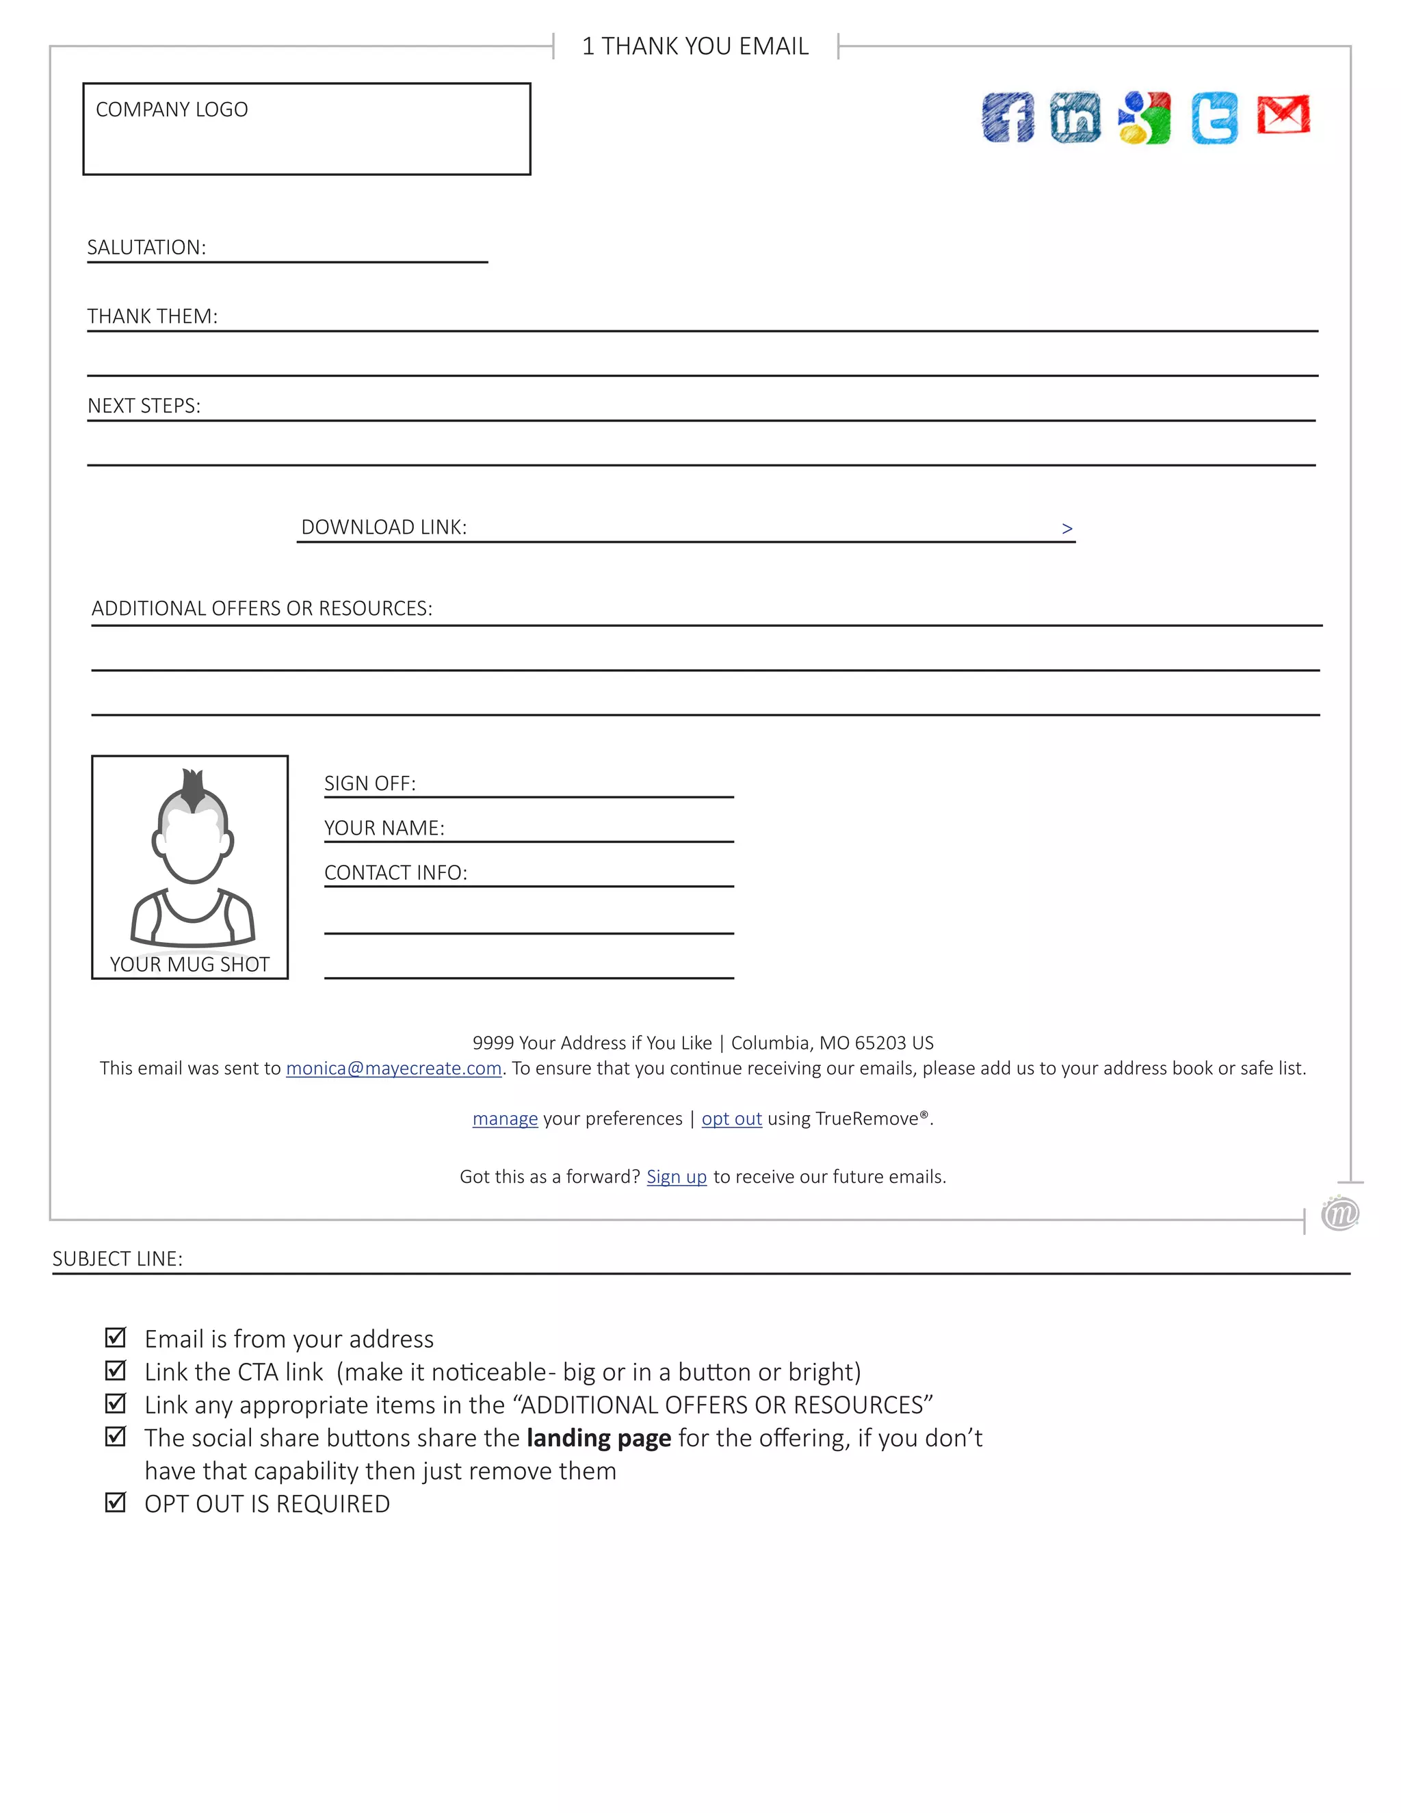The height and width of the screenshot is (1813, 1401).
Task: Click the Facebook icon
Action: [1008, 117]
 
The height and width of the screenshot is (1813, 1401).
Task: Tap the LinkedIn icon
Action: [1075, 117]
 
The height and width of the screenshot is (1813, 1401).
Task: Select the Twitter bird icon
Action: [1214, 118]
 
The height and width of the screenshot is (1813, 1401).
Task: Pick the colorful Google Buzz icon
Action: [1144, 118]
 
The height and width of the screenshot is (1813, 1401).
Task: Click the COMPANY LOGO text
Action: [172, 109]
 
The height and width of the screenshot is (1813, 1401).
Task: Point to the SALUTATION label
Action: [146, 248]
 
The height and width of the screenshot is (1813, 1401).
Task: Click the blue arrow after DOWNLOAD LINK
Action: [1066, 528]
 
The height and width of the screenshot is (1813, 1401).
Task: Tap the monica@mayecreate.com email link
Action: [393, 1069]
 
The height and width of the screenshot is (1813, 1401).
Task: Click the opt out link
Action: [731, 1119]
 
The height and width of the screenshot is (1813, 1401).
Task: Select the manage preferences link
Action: [505, 1119]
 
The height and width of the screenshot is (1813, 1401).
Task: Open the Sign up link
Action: [677, 1177]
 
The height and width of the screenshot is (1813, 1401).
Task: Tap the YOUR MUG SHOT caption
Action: [190, 964]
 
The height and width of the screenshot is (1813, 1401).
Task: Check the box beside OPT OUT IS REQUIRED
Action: [116, 1502]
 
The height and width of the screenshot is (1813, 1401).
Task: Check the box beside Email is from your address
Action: [116, 1338]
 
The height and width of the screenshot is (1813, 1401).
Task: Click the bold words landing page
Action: [599, 1438]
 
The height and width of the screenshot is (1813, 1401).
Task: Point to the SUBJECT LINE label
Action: [117, 1258]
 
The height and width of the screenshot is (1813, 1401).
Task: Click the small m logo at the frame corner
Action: [1339, 1214]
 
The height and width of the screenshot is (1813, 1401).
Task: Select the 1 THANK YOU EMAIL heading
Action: [696, 47]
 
